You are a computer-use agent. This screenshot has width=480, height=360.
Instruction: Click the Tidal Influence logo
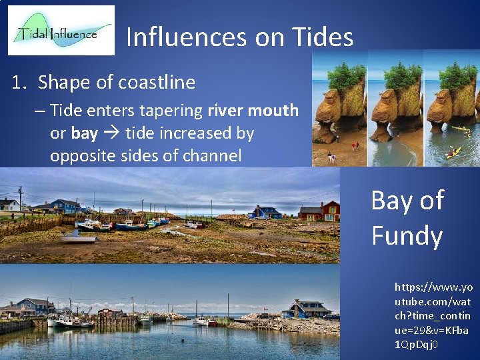tap(61, 30)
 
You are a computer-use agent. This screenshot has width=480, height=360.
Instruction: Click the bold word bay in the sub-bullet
tap(85, 133)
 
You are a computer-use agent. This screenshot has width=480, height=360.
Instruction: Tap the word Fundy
tap(407, 235)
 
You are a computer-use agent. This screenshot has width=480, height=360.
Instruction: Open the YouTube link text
tap(433, 316)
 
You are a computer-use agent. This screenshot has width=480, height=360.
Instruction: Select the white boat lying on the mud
tap(79, 237)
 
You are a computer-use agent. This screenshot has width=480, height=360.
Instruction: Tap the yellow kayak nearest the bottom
tap(453, 153)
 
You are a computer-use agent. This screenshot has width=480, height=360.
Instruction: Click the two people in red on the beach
tap(355, 144)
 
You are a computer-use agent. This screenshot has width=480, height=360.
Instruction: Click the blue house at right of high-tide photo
tap(306, 309)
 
